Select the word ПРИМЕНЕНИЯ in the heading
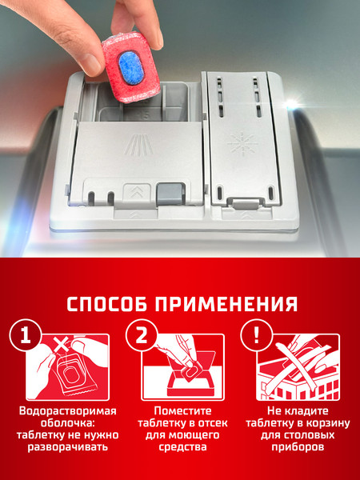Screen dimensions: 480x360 (232, 305)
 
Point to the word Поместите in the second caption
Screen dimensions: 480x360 (180, 411)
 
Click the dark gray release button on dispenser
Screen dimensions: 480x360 (169, 194)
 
